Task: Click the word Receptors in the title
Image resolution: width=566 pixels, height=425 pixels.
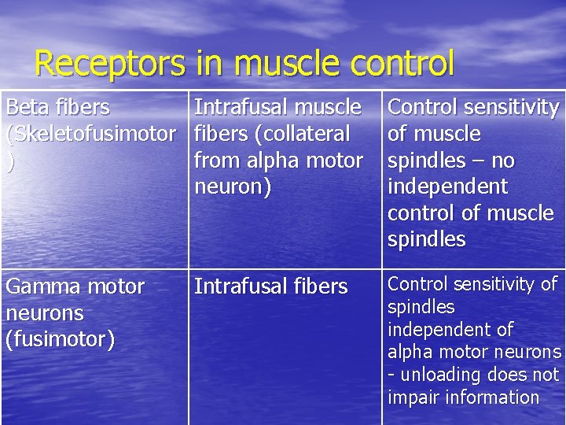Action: coord(109,63)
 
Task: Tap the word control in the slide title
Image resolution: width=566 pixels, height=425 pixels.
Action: coord(402,63)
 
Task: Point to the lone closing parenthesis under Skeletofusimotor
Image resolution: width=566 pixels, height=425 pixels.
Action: coord(9,160)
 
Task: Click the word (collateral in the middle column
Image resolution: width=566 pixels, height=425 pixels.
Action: coord(302,133)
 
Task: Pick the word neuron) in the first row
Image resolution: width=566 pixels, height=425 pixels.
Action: coord(233,187)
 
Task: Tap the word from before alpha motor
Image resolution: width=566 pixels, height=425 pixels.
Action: coord(218,160)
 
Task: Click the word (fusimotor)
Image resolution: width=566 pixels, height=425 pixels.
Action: coord(61,340)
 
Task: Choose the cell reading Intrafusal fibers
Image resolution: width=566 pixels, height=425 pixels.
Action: coord(270,286)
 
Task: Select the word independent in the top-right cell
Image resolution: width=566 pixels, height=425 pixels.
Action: coord(448,187)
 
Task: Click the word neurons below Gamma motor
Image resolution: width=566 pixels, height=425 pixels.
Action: coord(45,313)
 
